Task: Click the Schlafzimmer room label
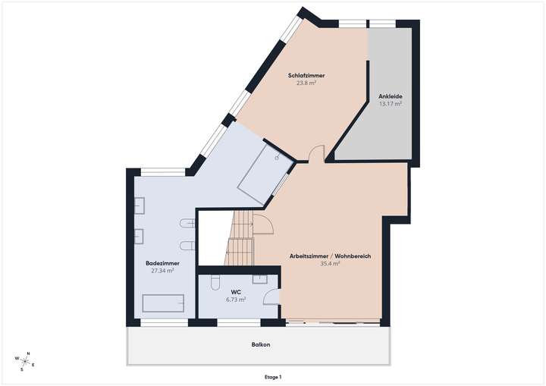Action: coord(306,75)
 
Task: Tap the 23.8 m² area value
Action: coord(306,83)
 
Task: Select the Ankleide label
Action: coord(390,96)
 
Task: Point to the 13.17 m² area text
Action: coord(390,104)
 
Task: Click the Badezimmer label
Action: coord(162,263)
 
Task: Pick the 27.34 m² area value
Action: coord(162,271)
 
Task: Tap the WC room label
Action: coord(237,292)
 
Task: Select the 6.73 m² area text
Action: coord(237,300)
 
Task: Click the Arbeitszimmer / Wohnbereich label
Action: coord(330,256)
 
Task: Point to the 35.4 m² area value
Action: coord(330,264)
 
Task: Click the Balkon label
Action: coord(261,344)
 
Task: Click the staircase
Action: coord(240,239)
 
